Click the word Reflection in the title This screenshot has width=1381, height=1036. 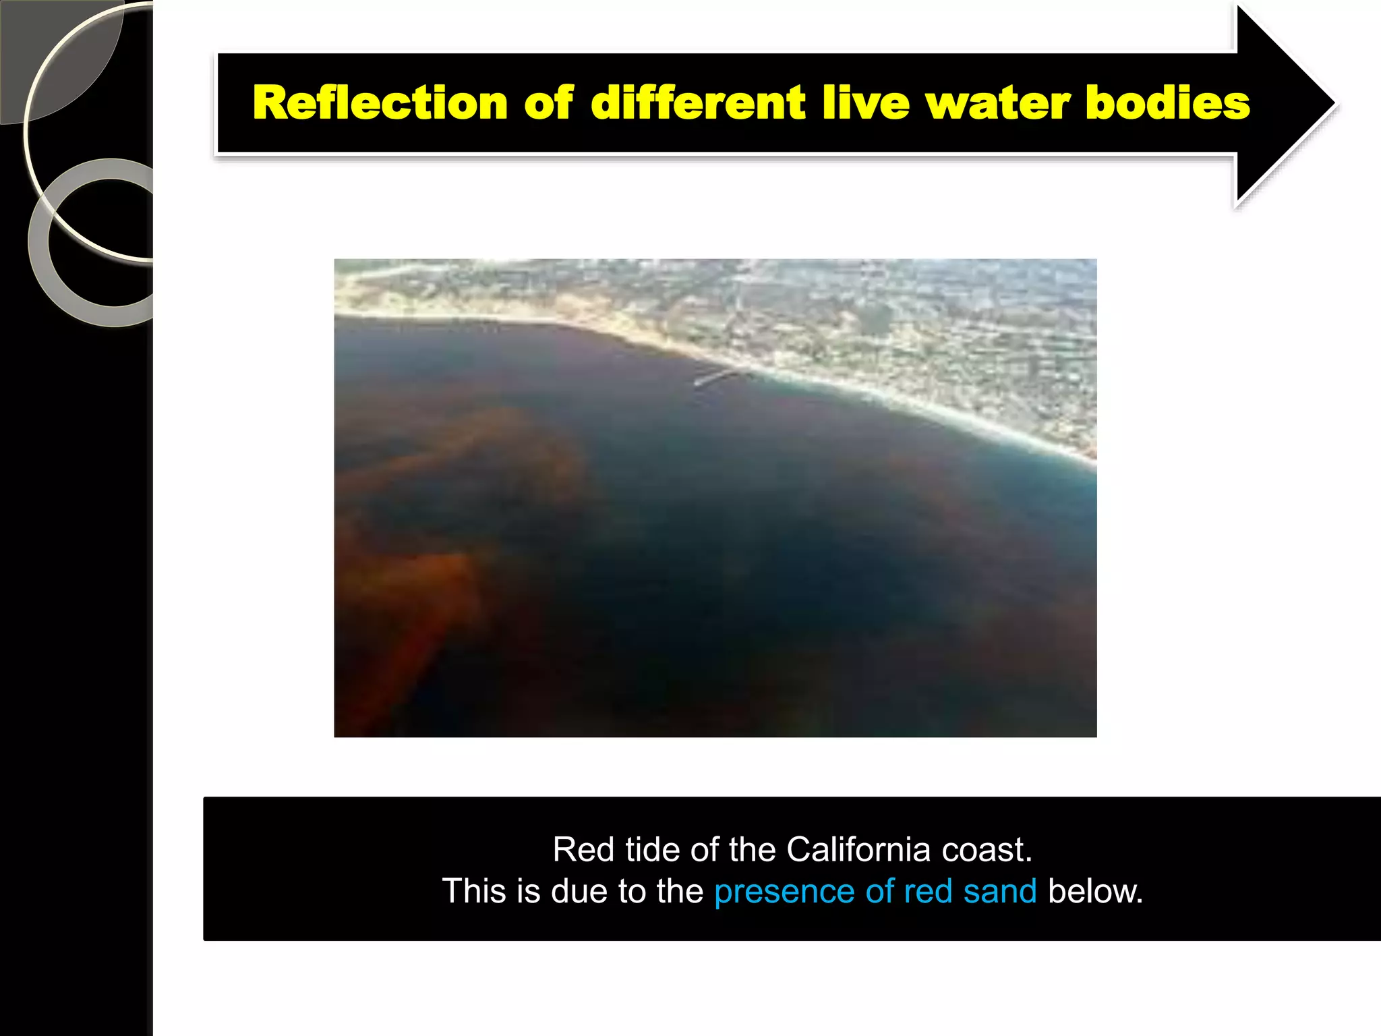[380, 103]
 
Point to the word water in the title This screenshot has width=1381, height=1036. [997, 103]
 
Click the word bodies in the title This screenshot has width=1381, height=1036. [1168, 103]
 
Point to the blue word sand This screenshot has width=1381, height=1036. [999, 892]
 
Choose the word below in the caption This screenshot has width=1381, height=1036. [1095, 892]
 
